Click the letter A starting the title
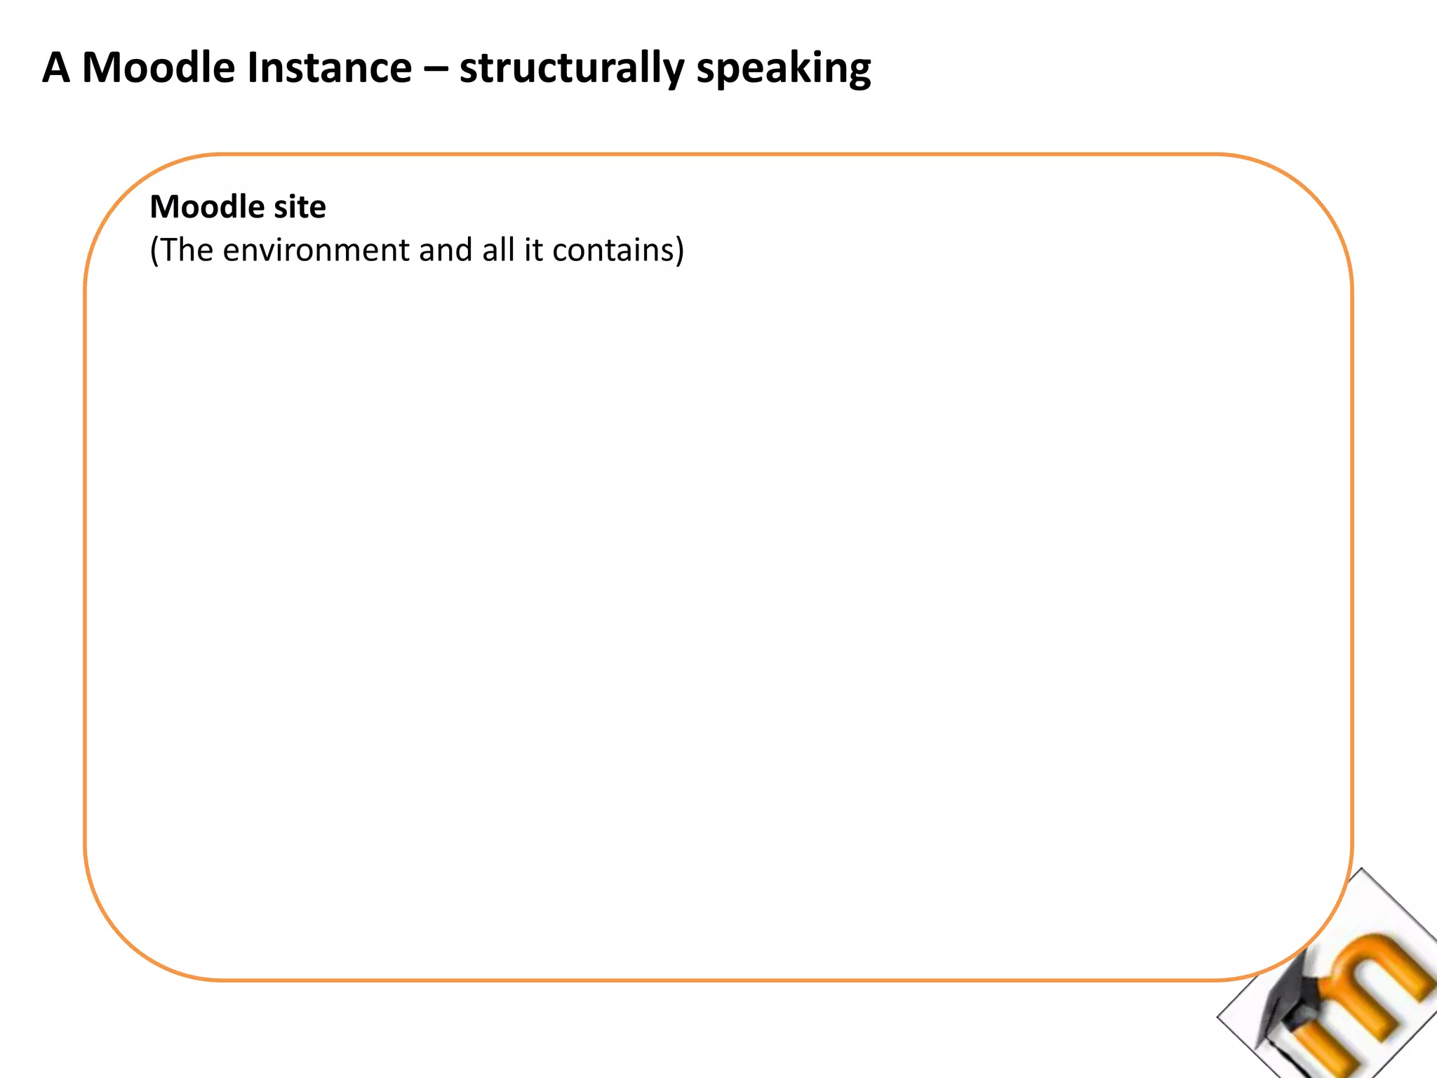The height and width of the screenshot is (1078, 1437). pos(56,68)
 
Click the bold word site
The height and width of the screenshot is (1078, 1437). pos(300,207)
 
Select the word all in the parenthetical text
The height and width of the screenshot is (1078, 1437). pos(498,250)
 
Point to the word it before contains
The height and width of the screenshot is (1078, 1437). pos(533,250)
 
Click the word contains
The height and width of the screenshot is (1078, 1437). pos(613,250)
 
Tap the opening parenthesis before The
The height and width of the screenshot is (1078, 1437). pos(154,251)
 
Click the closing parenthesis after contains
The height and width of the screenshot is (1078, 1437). pos(679,251)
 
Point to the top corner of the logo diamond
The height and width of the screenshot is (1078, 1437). pos(1361,870)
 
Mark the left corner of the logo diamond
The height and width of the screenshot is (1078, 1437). pos(1219,1016)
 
